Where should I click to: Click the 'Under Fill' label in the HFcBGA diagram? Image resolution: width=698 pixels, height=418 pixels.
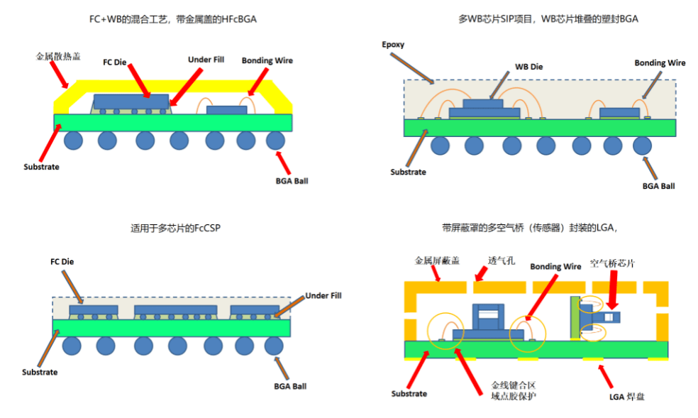206,60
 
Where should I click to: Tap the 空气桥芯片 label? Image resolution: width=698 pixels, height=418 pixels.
612,263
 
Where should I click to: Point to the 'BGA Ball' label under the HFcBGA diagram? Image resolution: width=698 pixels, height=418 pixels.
291,180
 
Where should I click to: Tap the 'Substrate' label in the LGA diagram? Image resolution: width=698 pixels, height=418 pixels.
409,393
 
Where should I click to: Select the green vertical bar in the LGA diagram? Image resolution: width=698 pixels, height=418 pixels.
576,318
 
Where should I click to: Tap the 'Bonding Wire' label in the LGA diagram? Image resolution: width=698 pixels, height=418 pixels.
556,266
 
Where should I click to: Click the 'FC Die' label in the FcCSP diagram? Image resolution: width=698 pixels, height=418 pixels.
62,261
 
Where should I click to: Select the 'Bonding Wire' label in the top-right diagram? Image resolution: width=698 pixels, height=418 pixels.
659,62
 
